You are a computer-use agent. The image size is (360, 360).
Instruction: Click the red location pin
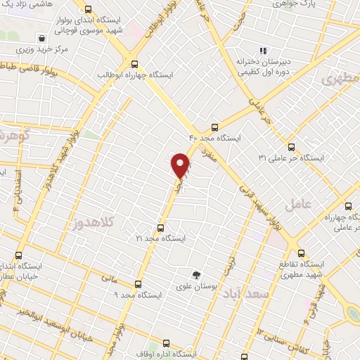point(181,165)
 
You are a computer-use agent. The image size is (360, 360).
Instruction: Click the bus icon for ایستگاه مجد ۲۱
point(161,228)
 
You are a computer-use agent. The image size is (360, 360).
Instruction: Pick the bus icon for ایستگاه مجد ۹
point(137,284)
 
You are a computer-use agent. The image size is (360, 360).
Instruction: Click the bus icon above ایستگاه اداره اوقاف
point(167,343)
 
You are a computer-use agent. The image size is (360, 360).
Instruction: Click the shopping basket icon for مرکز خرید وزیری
point(44,39)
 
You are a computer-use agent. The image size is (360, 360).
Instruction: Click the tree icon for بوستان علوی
point(197,274)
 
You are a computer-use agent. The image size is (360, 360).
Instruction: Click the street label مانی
point(107,278)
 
